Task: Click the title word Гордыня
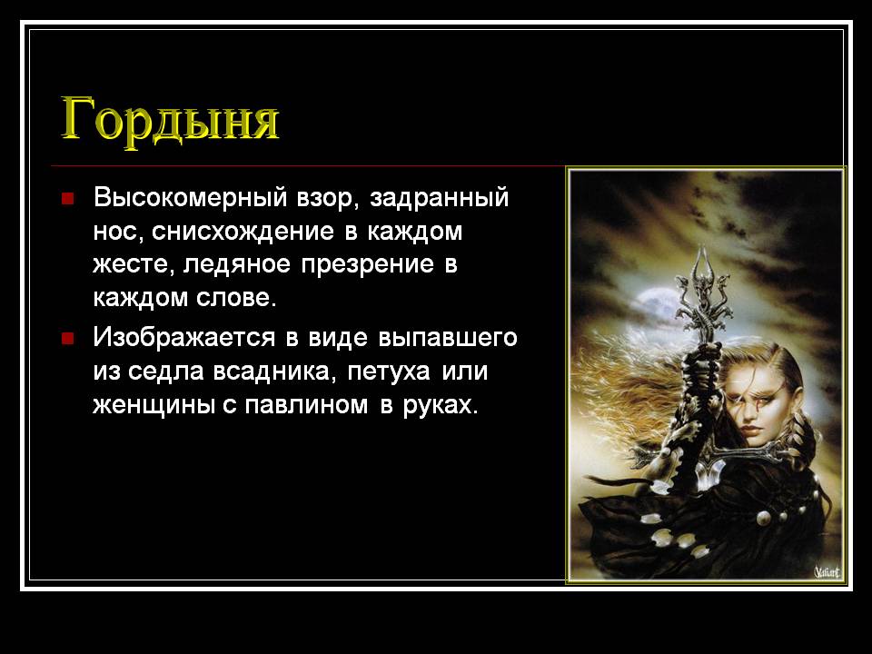coord(169,118)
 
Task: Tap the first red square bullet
coord(67,198)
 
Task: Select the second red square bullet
coord(67,339)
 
